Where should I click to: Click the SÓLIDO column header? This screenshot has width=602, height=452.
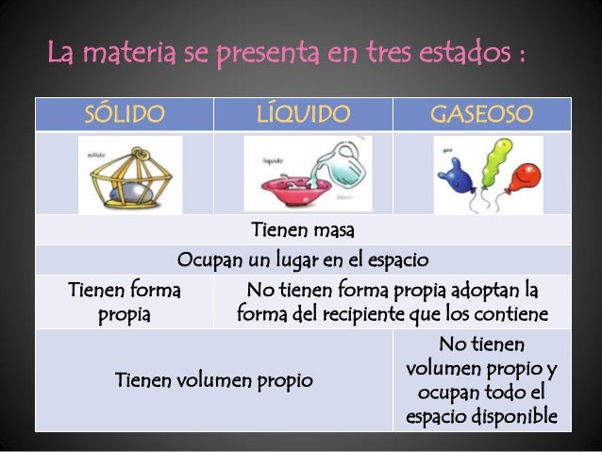pos(125,115)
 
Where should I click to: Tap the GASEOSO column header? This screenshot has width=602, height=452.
pos(481,115)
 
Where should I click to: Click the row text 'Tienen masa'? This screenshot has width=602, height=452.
pos(303,230)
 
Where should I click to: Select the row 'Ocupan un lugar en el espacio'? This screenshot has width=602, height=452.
pos(303,259)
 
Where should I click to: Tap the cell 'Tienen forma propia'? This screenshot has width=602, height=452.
pos(125,301)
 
